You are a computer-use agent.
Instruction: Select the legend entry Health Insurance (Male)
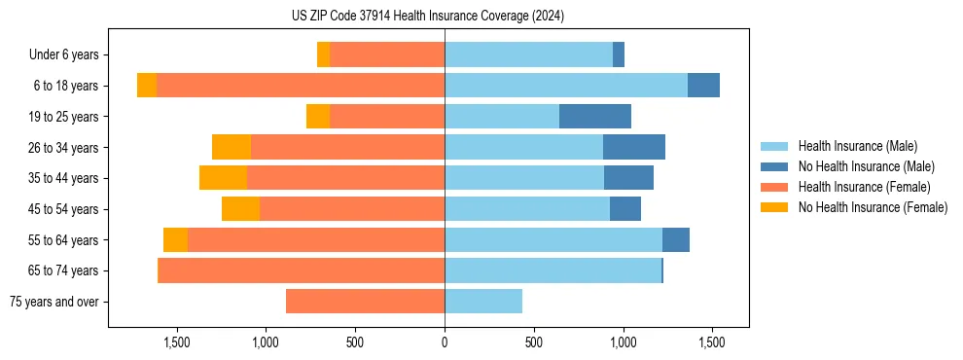click(x=857, y=146)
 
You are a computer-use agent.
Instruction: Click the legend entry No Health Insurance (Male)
click(x=866, y=166)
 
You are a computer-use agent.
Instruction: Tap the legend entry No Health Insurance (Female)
click(x=873, y=207)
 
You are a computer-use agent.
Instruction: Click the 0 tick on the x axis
click(x=445, y=342)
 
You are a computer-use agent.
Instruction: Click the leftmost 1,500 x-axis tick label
click(x=177, y=342)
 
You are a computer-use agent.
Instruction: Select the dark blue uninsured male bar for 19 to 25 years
click(x=595, y=117)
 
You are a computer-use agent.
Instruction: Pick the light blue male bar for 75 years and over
click(x=483, y=302)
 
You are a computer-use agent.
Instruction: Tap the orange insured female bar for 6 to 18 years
click(x=301, y=86)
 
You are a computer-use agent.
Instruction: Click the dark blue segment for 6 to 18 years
click(x=703, y=86)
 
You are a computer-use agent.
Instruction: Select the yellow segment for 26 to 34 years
click(x=232, y=147)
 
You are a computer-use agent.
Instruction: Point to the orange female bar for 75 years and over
click(x=365, y=302)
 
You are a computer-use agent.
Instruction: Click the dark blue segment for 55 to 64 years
click(x=676, y=239)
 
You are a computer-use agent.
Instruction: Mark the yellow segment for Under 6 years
click(x=323, y=55)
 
